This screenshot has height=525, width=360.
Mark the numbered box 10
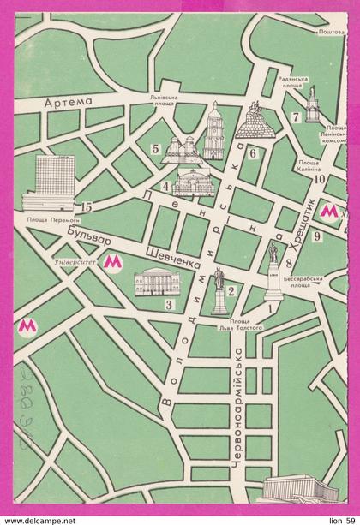[x=317, y=179]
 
